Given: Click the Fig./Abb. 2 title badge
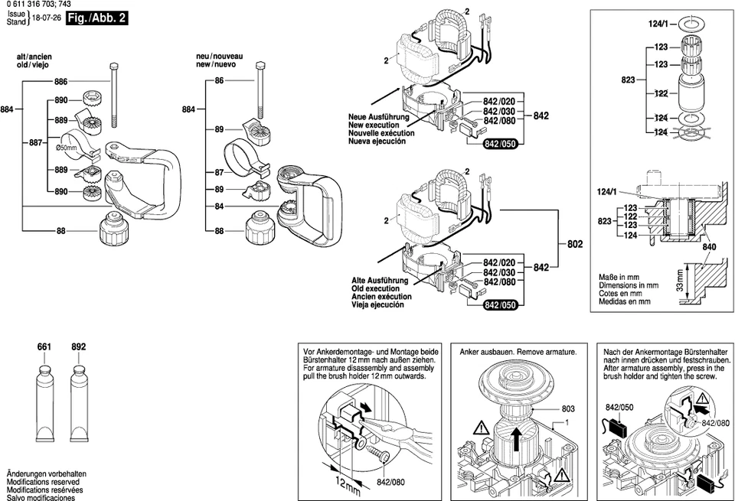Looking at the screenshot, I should [x=96, y=18].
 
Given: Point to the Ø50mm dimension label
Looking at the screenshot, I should [x=67, y=148].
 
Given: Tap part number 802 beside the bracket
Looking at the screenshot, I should [x=575, y=245].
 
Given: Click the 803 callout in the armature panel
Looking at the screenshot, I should [x=568, y=409].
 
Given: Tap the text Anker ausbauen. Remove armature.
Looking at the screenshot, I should [x=517, y=353].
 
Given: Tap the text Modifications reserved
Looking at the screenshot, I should [x=43, y=483].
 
